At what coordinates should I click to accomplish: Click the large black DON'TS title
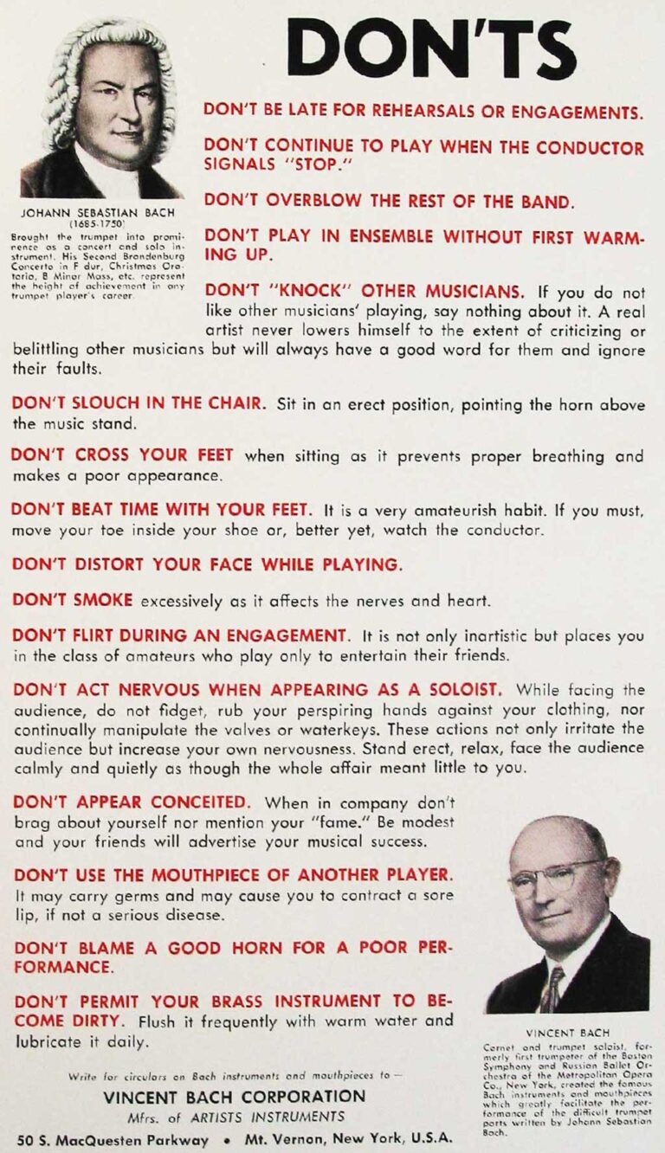[x=430, y=48]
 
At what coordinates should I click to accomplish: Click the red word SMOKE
[x=102, y=600]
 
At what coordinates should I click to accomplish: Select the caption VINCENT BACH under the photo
[x=567, y=1033]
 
